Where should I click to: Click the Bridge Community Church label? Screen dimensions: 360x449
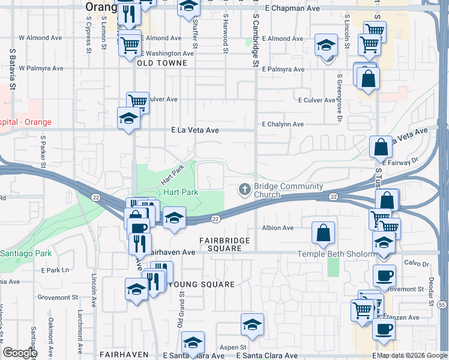click(280, 190)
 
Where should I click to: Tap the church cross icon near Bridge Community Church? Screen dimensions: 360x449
click(245, 189)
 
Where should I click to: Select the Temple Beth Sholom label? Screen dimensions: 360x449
click(336, 254)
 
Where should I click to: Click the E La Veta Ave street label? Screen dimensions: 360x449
click(195, 130)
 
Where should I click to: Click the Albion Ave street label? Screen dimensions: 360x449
click(277, 228)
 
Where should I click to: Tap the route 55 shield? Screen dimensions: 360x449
click(442, 305)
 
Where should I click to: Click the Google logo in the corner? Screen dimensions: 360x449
click(20, 353)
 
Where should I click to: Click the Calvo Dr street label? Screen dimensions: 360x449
click(417, 263)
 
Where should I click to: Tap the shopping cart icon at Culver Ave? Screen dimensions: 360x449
click(137, 101)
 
